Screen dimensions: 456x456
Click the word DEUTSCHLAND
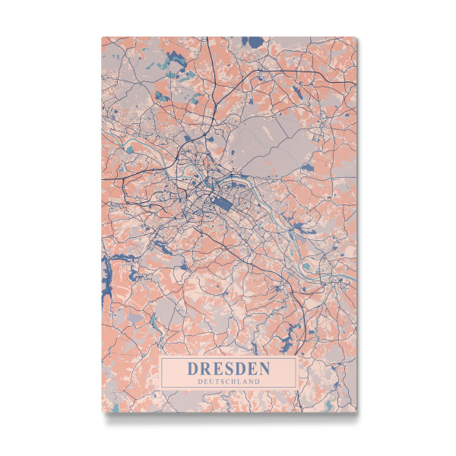[x=229, y=382]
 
